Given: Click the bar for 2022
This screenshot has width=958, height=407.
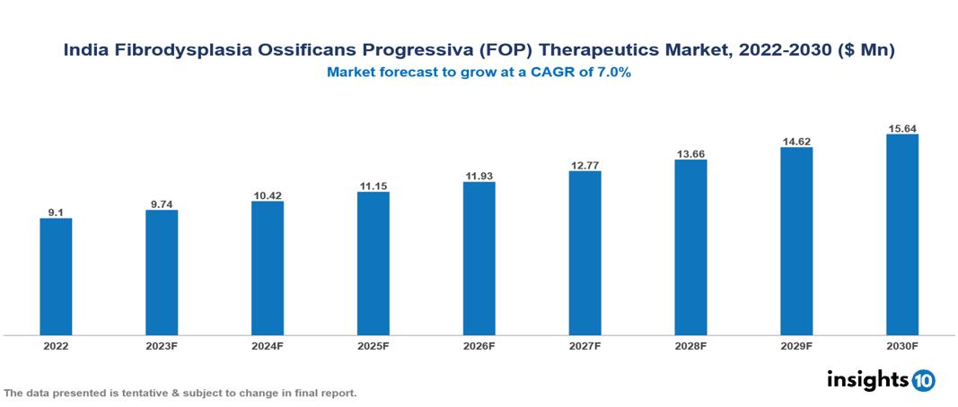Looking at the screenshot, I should [x=56, y=276].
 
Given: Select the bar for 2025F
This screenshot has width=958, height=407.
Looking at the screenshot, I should [x=373, y=263].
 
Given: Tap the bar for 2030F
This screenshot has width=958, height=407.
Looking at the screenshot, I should [x=901, y=235].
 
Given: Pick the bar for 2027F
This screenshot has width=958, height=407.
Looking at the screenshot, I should [x=584, y=253].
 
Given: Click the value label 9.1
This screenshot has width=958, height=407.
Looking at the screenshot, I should [x=56, y=212].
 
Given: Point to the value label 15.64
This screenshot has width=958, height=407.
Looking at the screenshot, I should [x=901, y=128].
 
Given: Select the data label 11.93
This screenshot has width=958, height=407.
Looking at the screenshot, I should [x=479, y=176].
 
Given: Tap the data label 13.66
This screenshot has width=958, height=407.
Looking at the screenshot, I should [x=690, y=154].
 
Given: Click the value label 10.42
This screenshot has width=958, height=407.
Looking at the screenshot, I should [x=268, y=195].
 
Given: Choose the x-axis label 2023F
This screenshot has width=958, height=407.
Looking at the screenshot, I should [x=162, y=345].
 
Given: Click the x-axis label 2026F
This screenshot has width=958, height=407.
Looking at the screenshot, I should [x=479, y=345].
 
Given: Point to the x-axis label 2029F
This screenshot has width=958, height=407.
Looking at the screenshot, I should [x=796, y=345].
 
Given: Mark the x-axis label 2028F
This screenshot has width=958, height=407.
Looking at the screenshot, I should [x=690, y=345].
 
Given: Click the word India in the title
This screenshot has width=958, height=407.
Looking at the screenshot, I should [x=84, y=51].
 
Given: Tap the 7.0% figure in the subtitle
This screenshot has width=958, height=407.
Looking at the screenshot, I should [x=614, y=73].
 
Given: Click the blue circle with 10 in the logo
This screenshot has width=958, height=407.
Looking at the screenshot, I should [x=923, y=380].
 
